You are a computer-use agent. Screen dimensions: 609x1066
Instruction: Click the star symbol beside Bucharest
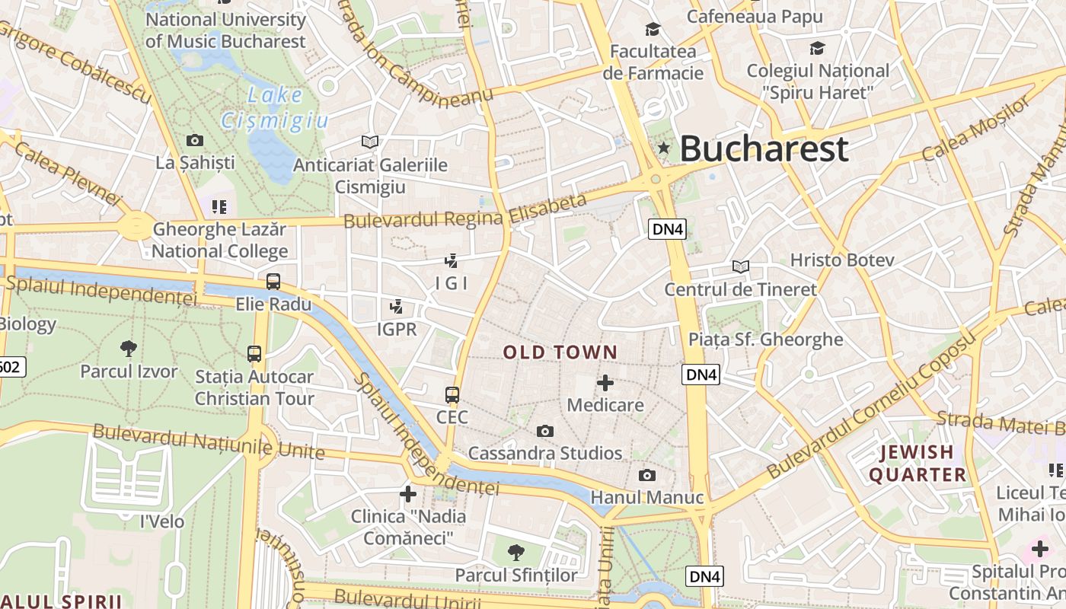coord(664,148)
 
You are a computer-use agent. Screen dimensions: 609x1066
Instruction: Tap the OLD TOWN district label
coord(560,352)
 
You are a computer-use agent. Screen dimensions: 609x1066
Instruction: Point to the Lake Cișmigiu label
coord(274,107)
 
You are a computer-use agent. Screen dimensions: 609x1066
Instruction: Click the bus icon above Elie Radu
coord(273,282)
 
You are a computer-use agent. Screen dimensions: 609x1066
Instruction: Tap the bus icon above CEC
coord(452,395)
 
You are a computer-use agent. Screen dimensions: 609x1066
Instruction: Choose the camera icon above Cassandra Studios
coord(545,432)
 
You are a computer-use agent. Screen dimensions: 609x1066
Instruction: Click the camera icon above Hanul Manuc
coord(647,476)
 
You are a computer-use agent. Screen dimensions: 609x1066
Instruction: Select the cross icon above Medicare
coord(605,382)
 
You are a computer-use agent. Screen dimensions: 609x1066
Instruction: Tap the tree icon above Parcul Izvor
coord(129,349)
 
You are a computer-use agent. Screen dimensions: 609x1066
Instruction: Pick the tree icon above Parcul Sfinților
coord(516,552)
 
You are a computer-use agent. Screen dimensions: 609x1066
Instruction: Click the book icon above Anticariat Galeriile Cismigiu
coord(370,142)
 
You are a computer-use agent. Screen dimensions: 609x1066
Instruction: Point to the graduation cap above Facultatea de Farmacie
coord(653,30)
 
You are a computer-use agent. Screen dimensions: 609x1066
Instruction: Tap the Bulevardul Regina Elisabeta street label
coord(465,212)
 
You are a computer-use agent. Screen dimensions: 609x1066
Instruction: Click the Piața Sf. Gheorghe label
coord(765,340)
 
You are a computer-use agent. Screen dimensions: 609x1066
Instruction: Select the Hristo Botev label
coord(841,260)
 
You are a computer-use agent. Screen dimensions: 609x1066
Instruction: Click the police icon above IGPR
coord(396,308)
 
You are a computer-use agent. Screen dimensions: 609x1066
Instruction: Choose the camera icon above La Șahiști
coord(195,140)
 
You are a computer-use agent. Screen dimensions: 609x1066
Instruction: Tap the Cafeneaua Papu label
coord(755,16)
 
